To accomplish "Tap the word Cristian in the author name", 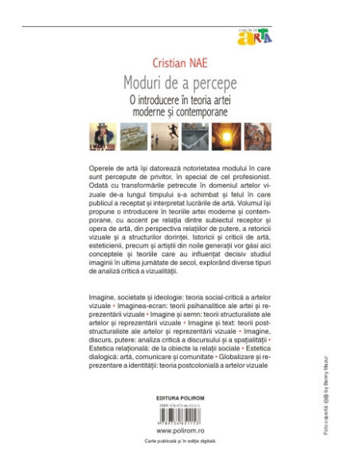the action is [162, 63].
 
